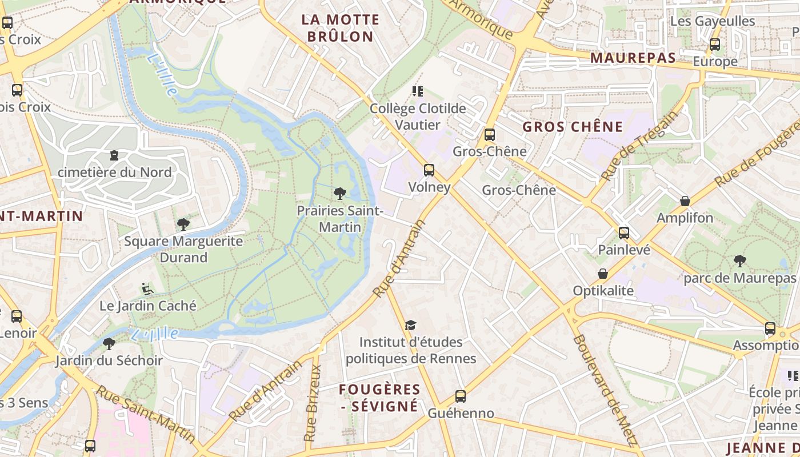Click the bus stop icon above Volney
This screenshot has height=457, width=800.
[x=429, y=170]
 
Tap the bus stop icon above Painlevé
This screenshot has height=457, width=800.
[x=624, y=233]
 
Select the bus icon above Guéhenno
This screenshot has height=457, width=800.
[x=460, y=396]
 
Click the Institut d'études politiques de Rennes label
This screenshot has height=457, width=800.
[x=411, y=350]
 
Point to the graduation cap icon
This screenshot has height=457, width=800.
[x=410, y=326]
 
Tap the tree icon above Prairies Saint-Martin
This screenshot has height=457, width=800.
[x=339, y=194]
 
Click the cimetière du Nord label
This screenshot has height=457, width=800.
[x=114, y=172]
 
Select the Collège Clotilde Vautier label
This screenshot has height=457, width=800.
[x=418, y=117]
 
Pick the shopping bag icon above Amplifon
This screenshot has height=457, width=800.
[x=685, y=201]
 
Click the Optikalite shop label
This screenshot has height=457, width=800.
[x=603, y=291]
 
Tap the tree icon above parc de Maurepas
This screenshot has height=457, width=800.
[x=739, y=261]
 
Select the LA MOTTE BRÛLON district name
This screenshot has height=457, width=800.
[x=340, y=28]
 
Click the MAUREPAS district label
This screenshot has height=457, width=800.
[x=633, y=58]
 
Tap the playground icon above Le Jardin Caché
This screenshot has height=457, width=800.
[x=147, y=289]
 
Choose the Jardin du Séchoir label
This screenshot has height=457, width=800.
[x=109, y=360]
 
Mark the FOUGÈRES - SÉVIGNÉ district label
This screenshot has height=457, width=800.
[x=379, y=398]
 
